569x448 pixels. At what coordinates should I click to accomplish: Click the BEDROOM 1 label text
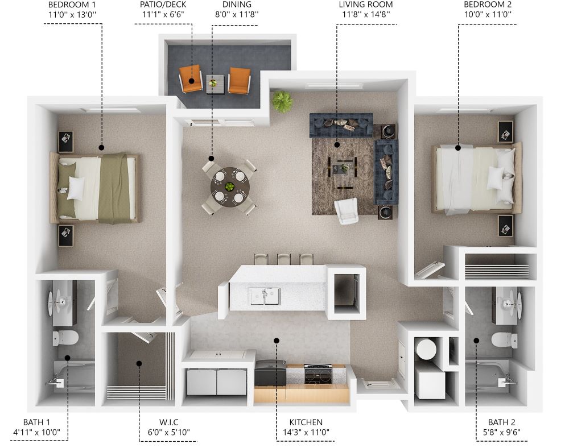pos(72,5)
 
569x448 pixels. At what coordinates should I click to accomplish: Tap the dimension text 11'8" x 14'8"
pos(366,15)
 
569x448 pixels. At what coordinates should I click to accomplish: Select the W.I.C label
pos(169,422)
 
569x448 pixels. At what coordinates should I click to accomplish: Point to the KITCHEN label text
pos(306,422)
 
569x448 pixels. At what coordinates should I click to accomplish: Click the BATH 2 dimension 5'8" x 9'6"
pos(501,432)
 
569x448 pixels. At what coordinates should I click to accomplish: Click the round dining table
pos(230,187)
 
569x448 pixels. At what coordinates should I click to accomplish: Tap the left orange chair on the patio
pos(191,78)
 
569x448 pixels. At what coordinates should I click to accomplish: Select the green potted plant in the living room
pos(282,101)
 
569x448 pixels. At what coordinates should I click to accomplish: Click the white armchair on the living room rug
pos(347,210)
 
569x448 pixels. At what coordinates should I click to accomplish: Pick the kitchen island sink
pos(265,296)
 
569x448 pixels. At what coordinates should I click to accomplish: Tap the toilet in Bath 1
pos(65,338)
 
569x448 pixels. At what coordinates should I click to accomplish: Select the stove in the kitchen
pos(318,374)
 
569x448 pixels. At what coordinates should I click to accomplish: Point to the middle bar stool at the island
pos(284,259)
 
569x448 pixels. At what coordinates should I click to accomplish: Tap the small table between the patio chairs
pos(215,84)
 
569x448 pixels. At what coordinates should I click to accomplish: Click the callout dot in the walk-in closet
pos(139,363)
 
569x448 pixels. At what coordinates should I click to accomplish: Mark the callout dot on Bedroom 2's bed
pos(458,147)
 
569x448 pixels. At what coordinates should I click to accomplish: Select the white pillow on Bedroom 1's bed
pos(76,188)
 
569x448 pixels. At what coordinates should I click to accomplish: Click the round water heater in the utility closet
pos(426,349)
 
